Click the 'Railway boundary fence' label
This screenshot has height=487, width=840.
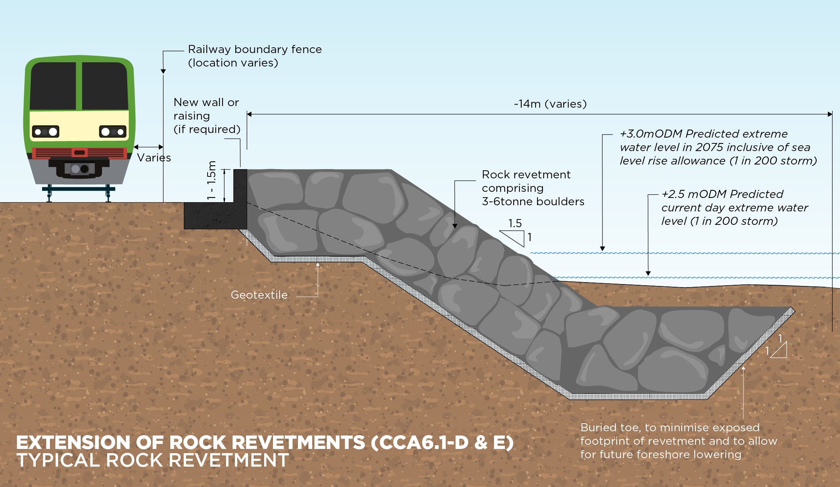(254, 50)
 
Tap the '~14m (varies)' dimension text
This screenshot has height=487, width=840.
(550, 104)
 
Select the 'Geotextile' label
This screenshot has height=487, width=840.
(259, 295)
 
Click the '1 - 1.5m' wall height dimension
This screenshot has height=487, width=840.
(212, 180)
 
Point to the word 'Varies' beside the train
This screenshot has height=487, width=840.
(154, 158)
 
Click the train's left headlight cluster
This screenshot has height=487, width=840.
(45, 132)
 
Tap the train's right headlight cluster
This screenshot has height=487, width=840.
(113, 132)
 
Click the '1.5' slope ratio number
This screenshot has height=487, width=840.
(515, 223)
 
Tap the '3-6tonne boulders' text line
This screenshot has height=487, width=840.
(533, 201)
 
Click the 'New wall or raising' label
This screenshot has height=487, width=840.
(206, 109)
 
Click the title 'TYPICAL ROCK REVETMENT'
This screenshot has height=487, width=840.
(152, 460)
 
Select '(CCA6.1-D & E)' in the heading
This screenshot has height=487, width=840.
(442, 442)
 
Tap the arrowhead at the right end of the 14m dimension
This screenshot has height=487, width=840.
(830, 114)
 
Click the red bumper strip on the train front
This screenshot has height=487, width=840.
(80, 153)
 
